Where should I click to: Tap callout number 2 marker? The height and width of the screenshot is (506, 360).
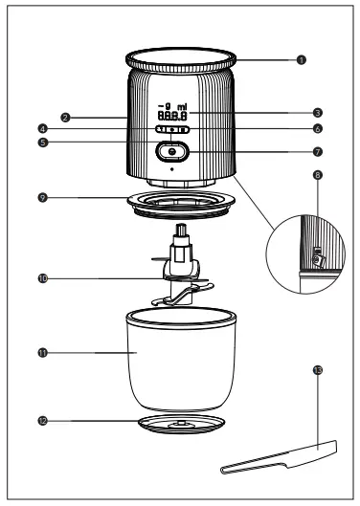(64, 118)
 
